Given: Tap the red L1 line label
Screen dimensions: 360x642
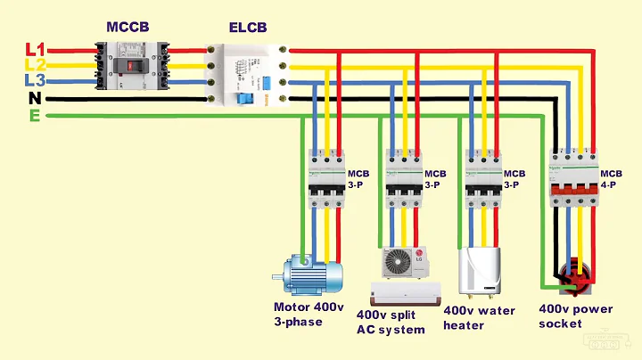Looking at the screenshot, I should pyautogui.click(x=34, y=49).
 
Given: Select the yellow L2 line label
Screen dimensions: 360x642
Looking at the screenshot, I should pyautogui.click(x=34, y=65).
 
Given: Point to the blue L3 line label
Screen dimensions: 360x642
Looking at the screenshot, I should pyautogui.click(x=34, y=81).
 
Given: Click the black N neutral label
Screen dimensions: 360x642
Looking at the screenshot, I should pyautogui.click(x=34, y=98).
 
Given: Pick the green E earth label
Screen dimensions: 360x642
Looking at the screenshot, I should pyautogui.click(x=34, y=115).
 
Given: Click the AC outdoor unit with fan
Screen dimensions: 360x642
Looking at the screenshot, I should pyautogui.click(x=405, y=263).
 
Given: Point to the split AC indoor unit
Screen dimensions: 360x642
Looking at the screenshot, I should pyautogui.click(x=406, y=291).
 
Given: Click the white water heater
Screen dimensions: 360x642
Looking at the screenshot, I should pyautogui.click(x=478, y=271).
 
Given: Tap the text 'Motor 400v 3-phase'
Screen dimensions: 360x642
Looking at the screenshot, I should pyautogui.click(x=309, y=314).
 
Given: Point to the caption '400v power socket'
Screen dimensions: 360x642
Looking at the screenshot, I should pyautogui.click(x=576, y=315).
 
